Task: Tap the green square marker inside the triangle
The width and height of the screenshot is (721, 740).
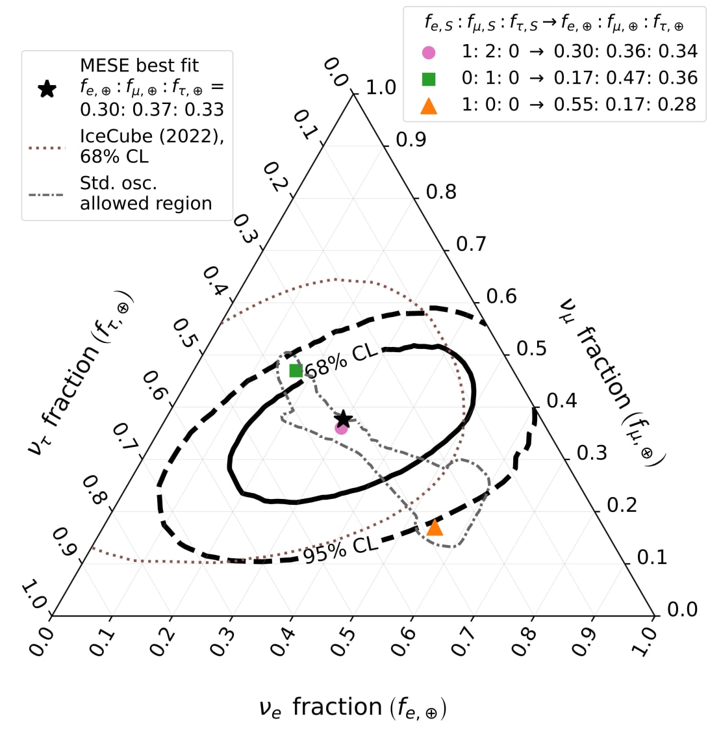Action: click(x=296, y=371)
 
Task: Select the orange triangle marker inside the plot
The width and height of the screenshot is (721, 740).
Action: click(x=435, y=528)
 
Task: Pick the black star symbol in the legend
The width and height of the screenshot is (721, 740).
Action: click(x=47, y=88)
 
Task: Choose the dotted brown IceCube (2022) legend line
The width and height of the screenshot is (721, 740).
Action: click(x=47, y=147)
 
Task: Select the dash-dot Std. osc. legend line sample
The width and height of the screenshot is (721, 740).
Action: click(x=47, y=194)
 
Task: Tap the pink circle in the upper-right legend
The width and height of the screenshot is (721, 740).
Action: click(x=429, y=52)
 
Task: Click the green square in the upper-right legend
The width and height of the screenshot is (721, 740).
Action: click(x=429, y=79)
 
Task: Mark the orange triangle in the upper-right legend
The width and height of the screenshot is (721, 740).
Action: click(x=429, y=105)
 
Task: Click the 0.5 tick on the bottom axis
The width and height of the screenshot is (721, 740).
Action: click(x=347, y=640)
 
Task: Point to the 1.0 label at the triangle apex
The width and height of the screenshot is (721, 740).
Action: click(x=381, y=87)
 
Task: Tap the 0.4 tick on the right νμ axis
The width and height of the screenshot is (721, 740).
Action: click(x=561, y=400)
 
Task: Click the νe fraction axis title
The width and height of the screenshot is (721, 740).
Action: click(x=353, y=708)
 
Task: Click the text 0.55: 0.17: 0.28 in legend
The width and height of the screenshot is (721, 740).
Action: click(x=626, y=105)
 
